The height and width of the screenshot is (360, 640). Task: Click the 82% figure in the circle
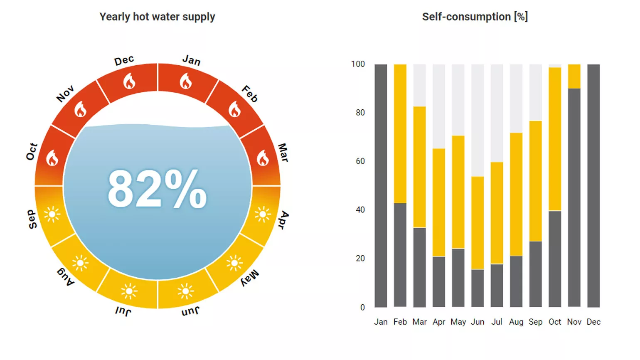(157, 189)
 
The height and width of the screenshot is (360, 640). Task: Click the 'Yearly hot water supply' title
(157, 17)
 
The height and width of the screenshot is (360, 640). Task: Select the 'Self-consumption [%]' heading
(475, 17)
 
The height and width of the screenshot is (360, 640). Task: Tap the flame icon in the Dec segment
(129, 81)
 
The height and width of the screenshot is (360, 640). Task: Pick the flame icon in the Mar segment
(263, 158)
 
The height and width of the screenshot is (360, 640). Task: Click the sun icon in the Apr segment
(263, 215)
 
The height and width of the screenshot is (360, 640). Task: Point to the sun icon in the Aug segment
(80, 263)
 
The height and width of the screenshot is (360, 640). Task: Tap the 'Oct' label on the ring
(32, 152)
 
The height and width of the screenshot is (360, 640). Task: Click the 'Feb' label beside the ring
(250, 94)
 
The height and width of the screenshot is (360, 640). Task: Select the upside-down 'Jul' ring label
(123, 311)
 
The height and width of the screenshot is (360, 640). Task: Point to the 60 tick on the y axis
(360, 161)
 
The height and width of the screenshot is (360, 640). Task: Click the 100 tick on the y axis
(358, 64)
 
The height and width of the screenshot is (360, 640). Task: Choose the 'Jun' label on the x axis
(478, 322)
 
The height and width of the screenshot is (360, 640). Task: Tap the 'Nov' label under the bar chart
(574, 322)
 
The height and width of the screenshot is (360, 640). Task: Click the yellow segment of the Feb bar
(400, 133)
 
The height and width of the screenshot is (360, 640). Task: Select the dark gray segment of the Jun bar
(478, 288)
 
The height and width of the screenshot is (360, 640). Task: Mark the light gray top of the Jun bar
(478, 120)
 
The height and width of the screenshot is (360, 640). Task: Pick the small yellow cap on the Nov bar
(574, 76)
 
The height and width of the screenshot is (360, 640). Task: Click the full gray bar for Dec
(593, 185)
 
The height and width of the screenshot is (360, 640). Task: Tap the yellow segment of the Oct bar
(555, 139)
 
